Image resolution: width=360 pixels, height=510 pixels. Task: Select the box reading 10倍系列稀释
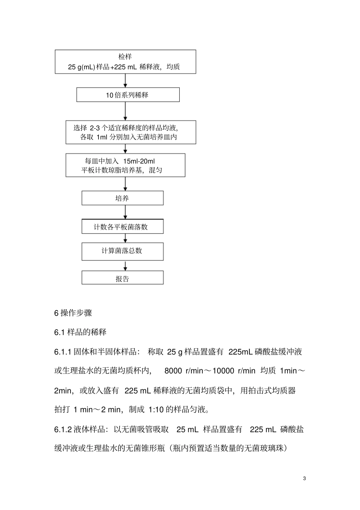tap(128, 95)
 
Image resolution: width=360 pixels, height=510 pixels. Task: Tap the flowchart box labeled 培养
tap(122, 198)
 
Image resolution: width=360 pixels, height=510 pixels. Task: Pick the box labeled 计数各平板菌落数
tap(122, 227)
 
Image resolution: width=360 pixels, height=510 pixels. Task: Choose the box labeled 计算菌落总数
tap(122, 251)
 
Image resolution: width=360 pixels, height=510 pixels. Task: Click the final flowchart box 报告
tap(122, 279)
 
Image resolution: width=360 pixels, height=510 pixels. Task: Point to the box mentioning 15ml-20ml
tap(125, 165)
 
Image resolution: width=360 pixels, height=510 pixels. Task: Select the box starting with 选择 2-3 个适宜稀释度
tap(131, 132)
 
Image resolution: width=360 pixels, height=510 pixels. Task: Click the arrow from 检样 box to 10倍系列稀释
tap(125, 80)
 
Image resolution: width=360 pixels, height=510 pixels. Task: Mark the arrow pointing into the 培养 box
tap(125, 184)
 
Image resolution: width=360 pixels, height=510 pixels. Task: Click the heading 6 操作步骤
tap(73, 313)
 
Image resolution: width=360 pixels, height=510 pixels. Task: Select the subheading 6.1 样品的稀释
tap(80, 332)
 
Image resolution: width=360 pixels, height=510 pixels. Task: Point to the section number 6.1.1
tap(63, 352)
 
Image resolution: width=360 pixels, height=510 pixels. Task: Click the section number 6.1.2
tap(63, 430)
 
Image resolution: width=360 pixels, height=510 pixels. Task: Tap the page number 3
tap(305, 478)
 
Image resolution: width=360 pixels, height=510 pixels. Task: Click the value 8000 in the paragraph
tap(173, 371)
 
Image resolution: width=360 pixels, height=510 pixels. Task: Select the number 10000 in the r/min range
tap(223, 371)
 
